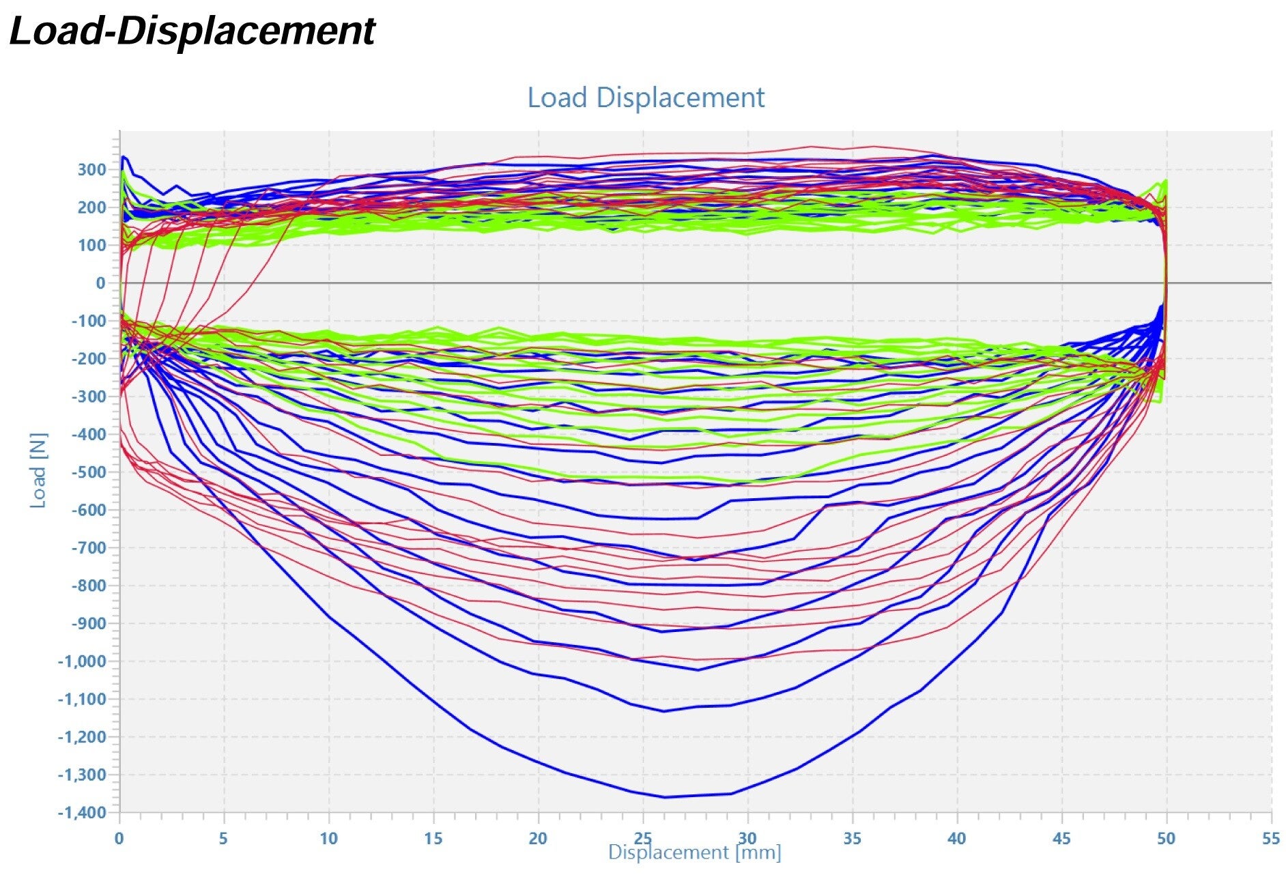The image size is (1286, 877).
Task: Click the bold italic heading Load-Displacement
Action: point(192,31)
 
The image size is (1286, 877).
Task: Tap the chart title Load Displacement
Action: point(646,98)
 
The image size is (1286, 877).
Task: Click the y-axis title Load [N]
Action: point(38,470)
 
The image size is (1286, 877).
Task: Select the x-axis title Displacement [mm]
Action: point(694,852)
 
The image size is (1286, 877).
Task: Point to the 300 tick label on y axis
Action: point(91,170)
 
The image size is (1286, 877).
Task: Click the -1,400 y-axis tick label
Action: point(82,813)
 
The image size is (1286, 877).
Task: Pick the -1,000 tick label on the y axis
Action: point(82,661)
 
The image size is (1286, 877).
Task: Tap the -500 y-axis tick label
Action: point(88,472)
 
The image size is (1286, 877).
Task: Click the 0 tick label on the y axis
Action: point(100,283)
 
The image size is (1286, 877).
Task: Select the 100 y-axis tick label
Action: point(91,246)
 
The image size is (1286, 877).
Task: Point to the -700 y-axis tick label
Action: point(88,548)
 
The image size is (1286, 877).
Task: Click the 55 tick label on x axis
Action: point(1270,839)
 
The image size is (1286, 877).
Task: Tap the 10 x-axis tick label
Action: point(328,839)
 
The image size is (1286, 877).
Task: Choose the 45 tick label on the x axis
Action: point(1061,839)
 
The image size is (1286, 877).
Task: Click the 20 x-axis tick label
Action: point(538,839)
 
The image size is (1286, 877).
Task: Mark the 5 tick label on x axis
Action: point(223,839)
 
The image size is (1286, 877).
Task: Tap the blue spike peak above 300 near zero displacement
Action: point(123,157)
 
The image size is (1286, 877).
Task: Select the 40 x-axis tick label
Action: point(956,839)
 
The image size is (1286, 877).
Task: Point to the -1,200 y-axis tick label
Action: point(82,737)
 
